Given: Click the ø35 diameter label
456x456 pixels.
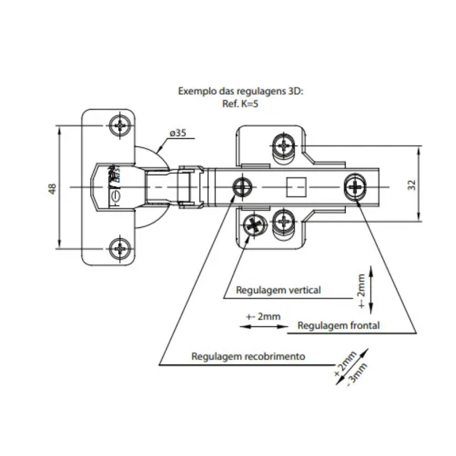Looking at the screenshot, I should (x=177, y=133).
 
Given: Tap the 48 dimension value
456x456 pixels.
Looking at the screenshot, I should (x=52, y=188).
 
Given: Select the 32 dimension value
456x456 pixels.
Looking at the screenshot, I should (x=412, y=185).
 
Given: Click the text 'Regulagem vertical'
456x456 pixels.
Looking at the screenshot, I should (x=278, y=290).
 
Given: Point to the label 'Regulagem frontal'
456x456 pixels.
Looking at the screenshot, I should (x=338, y=326).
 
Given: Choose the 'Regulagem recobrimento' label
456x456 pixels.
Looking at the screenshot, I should (x=248, y=356).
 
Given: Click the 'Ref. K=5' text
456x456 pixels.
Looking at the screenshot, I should (x=240, y=103).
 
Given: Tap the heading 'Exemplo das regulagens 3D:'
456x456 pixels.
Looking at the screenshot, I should (x=240, y=91).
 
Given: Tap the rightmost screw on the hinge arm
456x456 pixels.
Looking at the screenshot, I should (x=355, y=186).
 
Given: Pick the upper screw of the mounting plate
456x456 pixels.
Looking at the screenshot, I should (x=285, y=146).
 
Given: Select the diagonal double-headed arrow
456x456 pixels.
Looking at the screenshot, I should (x=352, y=367).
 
